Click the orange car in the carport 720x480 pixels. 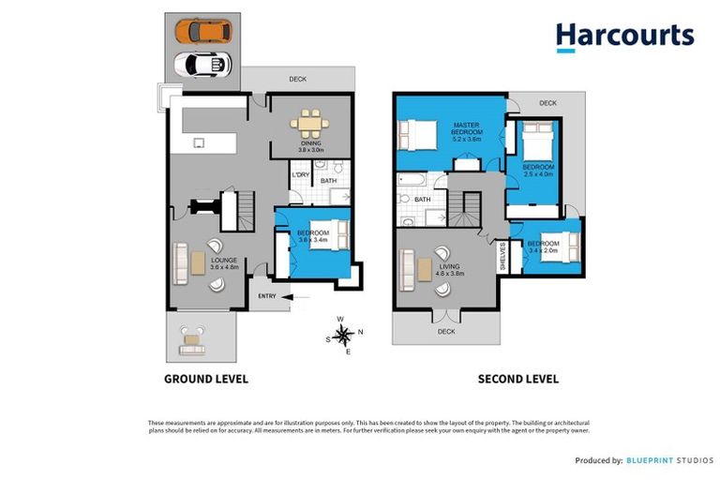(202, 31)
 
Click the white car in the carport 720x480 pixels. (202, 64)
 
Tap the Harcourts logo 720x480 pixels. (624, 37)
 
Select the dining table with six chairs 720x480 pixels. (309, 122)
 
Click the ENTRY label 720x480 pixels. (268, 297)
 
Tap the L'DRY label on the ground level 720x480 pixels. (301, 175)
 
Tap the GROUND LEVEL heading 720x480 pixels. (206, 379)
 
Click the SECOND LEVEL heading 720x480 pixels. (518, 379)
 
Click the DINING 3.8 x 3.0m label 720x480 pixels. (310, 146)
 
